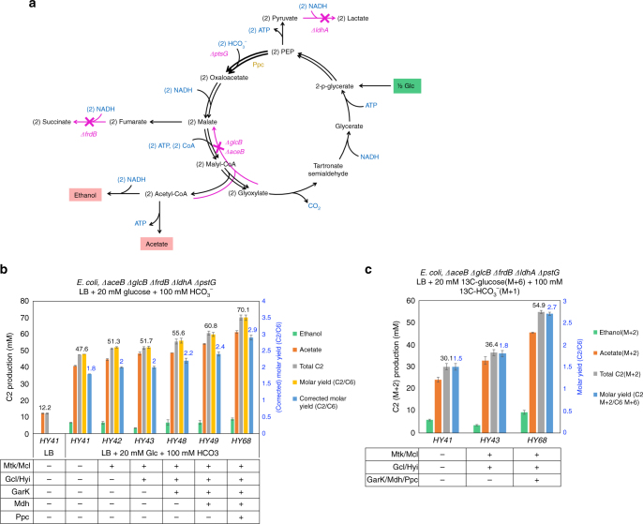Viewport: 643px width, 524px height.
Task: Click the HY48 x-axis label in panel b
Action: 177,440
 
